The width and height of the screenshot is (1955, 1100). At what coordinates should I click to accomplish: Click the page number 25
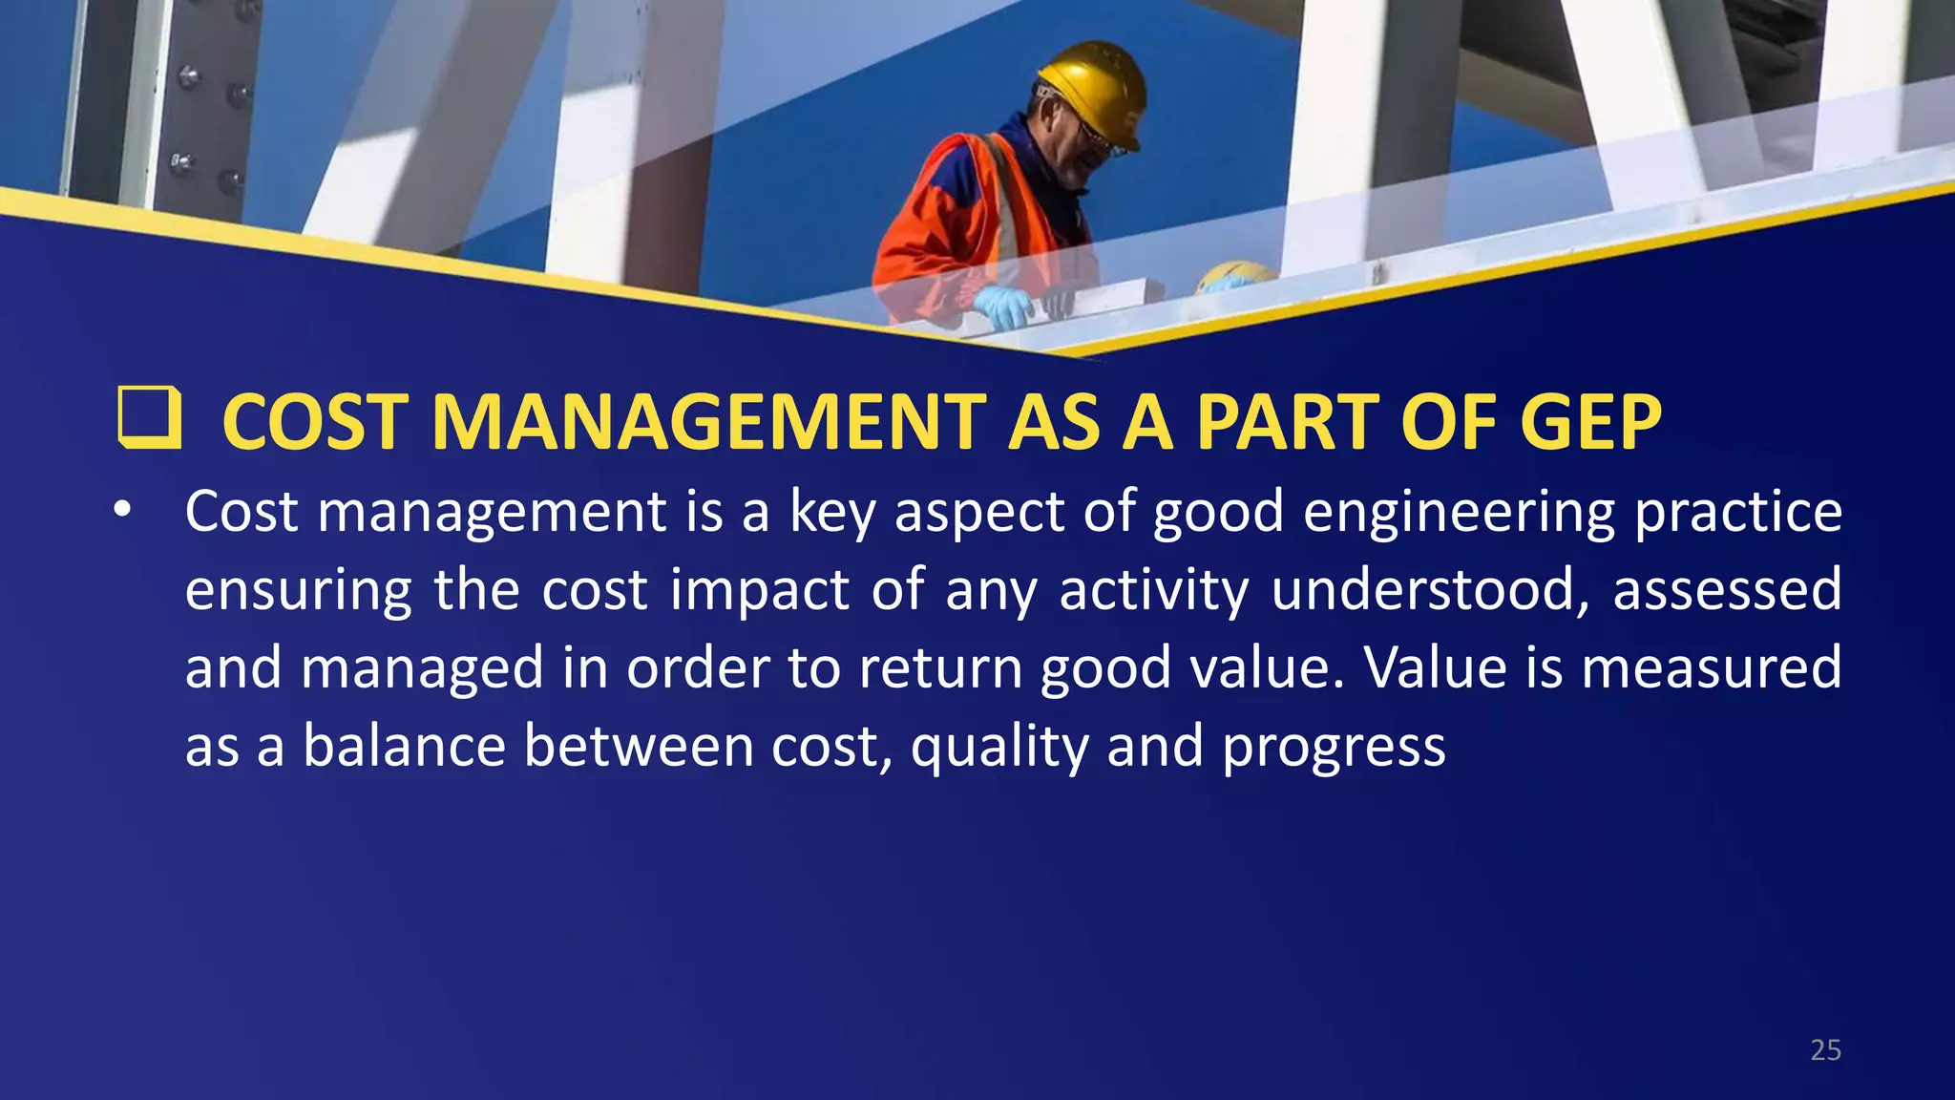1825,1050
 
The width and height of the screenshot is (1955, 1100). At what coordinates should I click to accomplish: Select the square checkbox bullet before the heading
149,417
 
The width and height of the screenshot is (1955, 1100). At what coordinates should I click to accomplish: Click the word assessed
1727,589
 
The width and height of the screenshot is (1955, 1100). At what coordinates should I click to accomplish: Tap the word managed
422,668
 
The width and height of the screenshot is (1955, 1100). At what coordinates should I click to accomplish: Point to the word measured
1712,666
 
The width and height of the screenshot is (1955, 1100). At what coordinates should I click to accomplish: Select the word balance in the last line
404,745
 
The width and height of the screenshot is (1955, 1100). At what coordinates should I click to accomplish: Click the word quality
999,747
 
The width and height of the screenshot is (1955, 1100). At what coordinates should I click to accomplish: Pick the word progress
1334,747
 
